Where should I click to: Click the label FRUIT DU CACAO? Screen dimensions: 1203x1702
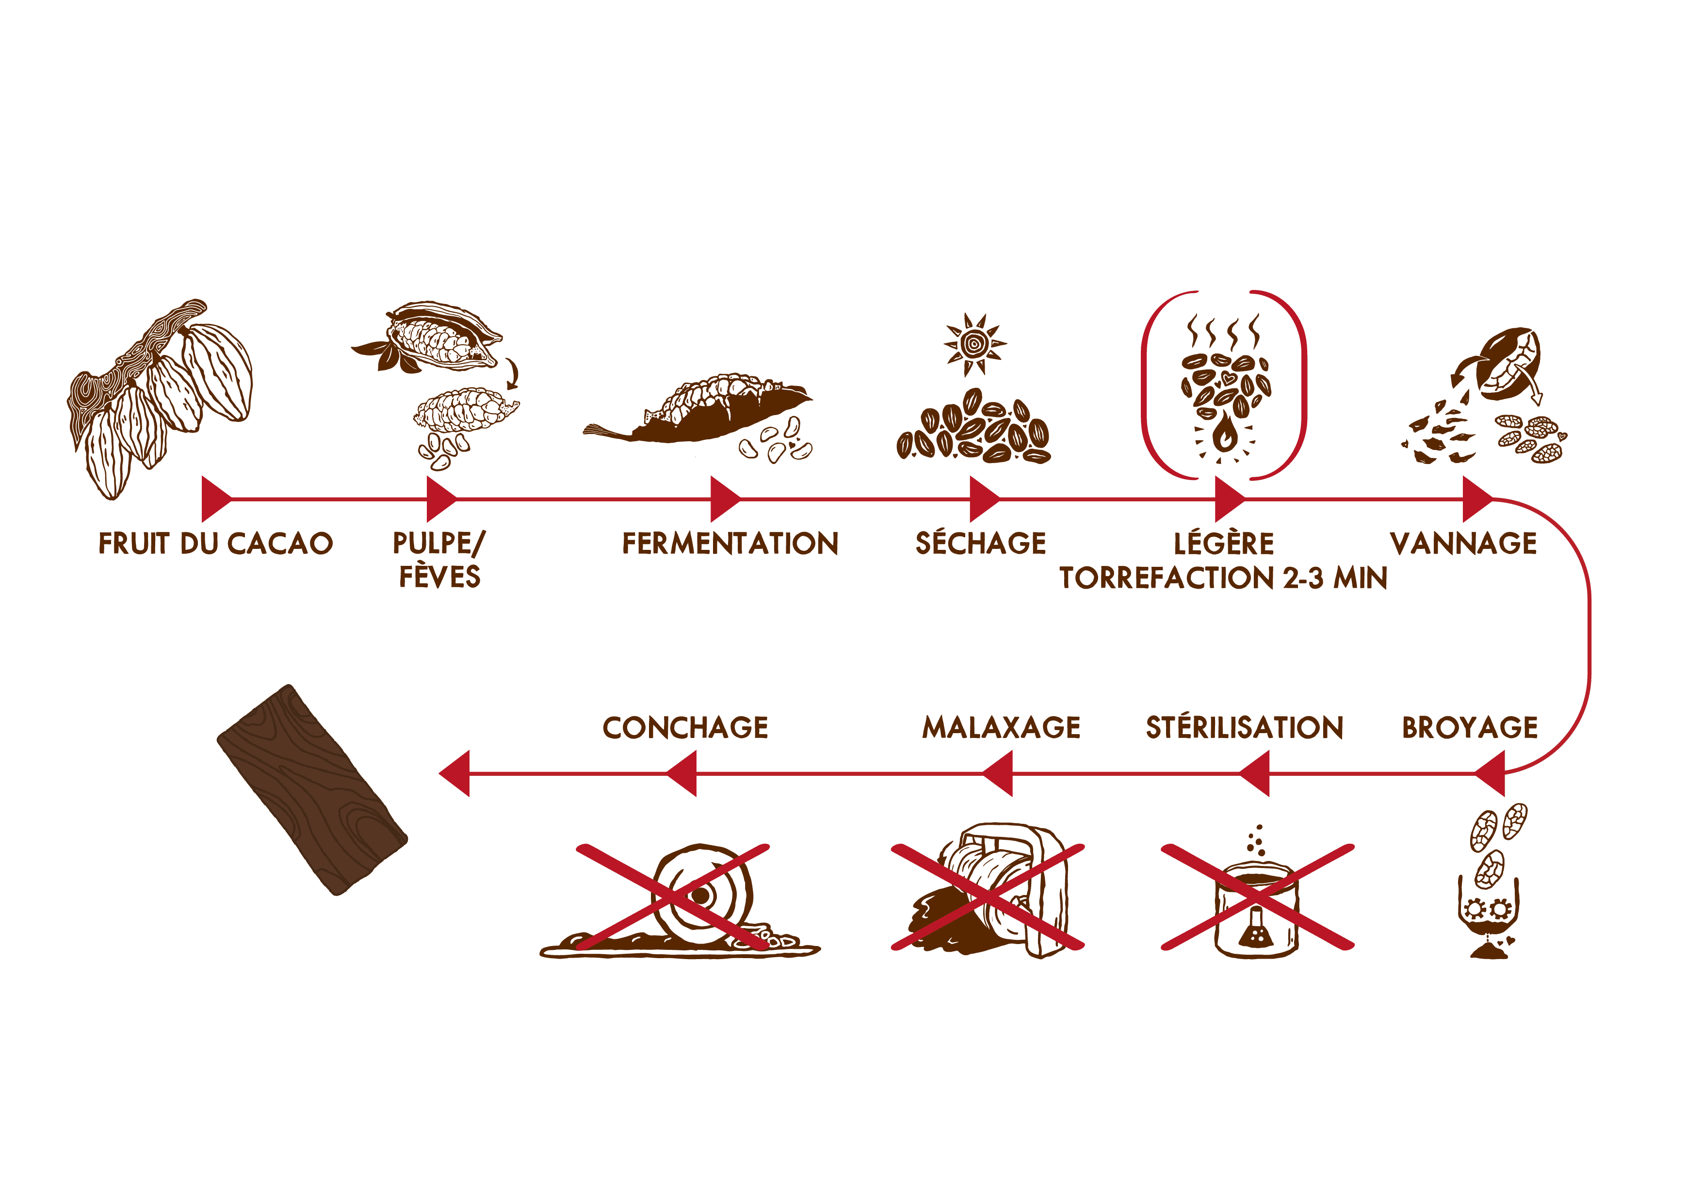click(216, 544)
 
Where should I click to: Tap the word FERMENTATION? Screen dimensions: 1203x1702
click(730, 544)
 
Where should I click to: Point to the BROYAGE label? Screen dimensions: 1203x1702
click(1469, 727)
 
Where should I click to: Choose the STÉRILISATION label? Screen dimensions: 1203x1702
click(1245, 727)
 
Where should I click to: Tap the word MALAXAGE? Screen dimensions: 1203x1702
click(1001, 727)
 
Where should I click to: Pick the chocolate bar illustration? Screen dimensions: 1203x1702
click(312, 790)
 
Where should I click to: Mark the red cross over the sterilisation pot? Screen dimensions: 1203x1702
click(1257, 896)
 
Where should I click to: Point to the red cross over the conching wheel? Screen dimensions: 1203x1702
click(673, 896)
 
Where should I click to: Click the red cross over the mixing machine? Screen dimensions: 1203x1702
click(988, 896)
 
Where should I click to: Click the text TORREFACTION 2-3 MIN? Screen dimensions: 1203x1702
click(1223, 578)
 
